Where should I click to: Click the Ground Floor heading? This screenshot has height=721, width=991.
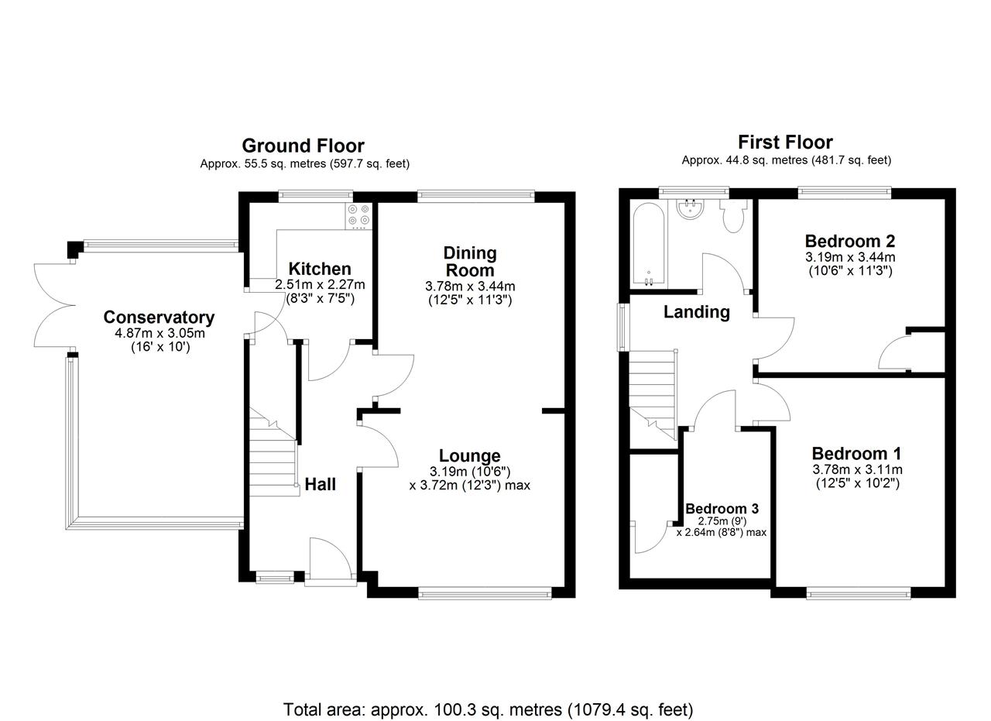pos(303,146)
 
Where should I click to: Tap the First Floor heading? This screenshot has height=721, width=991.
pos(785,142)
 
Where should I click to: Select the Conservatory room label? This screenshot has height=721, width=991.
pos(159,318)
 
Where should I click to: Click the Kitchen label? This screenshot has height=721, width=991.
pos(320,269)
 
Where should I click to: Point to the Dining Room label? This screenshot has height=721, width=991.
pos(470,262)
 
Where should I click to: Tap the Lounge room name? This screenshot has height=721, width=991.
pos(470,456)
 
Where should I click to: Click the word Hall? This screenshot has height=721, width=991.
pos(321,484)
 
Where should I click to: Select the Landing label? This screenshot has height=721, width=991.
pos(696,312)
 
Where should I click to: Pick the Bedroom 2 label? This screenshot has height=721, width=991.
pos(850,241)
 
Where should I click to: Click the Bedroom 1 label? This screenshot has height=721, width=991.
pos(856,454)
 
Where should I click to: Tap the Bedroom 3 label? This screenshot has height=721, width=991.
pos(722,509)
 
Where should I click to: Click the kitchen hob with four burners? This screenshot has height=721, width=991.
pos(358,216)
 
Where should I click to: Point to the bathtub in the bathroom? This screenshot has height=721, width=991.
pos(649,244)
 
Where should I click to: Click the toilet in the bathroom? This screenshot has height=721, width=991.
pos(733,215)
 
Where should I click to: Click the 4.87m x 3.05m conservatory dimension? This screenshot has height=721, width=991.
pos(159,332)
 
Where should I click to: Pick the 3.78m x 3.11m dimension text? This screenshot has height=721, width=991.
pos(857,469)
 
